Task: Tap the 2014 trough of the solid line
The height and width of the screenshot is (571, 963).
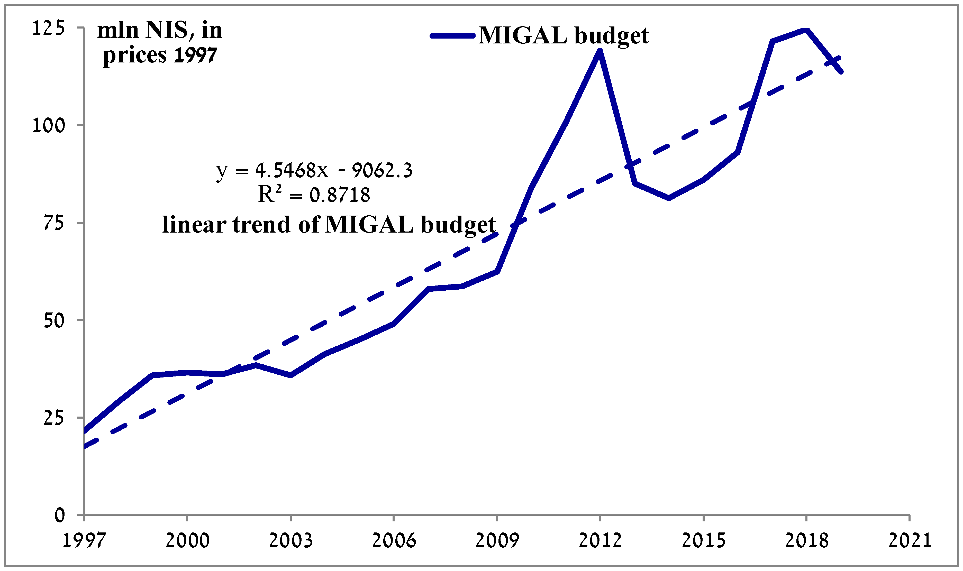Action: [x=669, y=198]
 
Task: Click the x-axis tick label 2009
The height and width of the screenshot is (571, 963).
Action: [x=497, y=541]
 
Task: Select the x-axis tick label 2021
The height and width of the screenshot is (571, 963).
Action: [x=910, y=541]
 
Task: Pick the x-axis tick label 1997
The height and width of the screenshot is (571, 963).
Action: [x=84, y=541]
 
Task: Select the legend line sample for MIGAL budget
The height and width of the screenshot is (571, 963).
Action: [x=452, y=36]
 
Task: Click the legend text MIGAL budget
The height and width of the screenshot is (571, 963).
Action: [x=564, y=36]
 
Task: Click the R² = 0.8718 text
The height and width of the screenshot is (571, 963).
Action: [x=314, y=195]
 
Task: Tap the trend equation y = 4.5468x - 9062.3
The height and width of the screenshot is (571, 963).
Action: [x=314, y=170]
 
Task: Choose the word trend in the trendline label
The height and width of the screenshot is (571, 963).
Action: [x=261, y=225]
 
